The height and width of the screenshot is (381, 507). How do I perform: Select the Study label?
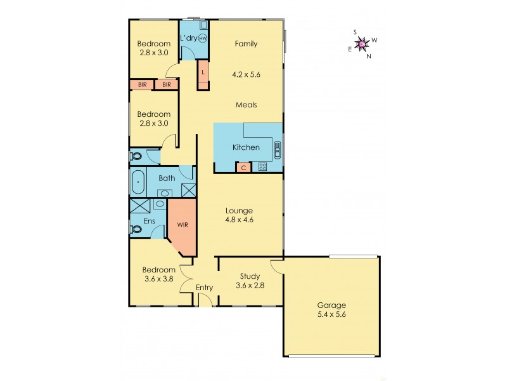tap(250, 276)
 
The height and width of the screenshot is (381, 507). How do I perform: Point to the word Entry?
tap(204, 288)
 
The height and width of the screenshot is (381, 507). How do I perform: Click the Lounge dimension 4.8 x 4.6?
tap(240, 221)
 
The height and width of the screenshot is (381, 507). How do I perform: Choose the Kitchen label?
tap(246, 147)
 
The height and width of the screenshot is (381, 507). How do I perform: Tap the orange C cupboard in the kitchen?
tap(244, 168)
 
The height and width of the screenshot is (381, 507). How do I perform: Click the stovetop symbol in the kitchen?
tap(262, 168)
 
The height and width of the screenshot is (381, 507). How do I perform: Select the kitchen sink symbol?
tap(277, 149)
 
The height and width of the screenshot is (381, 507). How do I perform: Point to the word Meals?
tap(246, 105)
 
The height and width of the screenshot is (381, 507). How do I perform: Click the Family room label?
tap(246, 44)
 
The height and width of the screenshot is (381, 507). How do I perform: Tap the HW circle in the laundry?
tap(203, 39)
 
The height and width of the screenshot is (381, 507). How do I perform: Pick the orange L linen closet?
tap(203, 72)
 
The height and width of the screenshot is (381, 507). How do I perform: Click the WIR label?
tap(182, 225)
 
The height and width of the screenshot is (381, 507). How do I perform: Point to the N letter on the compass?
tap(369, 55)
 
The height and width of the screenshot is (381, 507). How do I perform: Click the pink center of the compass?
tap(362, 44)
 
